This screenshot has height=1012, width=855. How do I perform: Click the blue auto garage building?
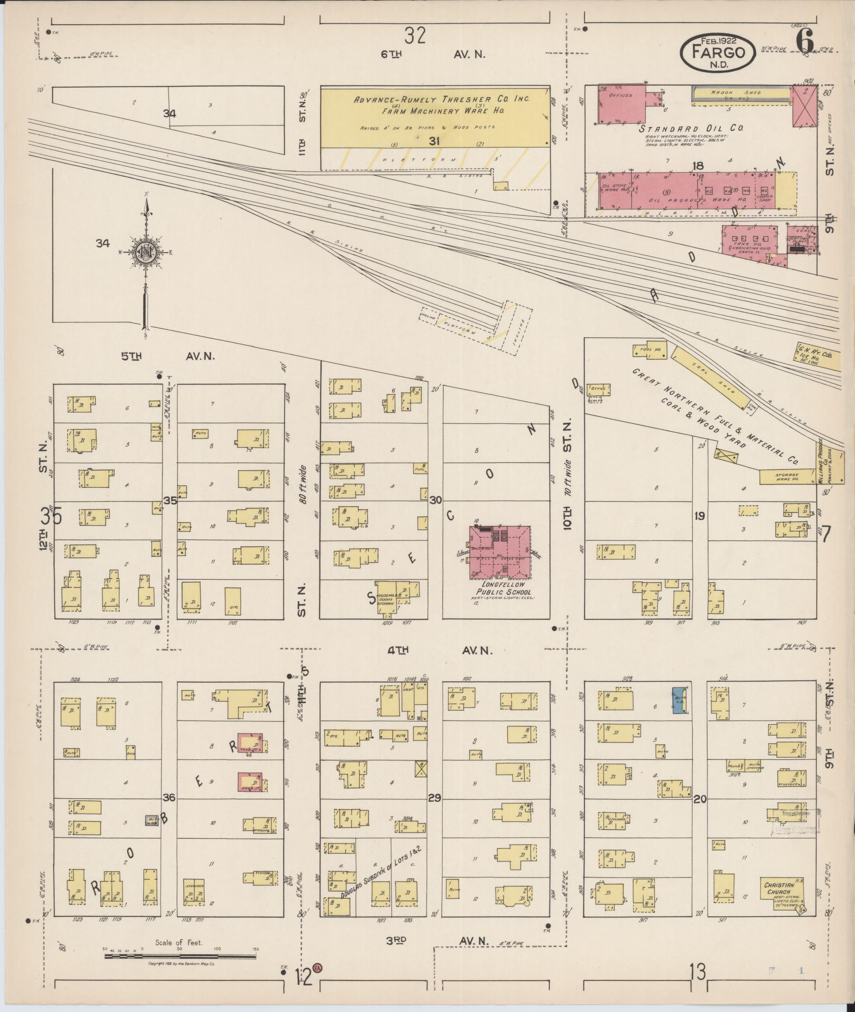point(679,700)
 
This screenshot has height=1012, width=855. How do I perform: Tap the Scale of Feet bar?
point(180,956)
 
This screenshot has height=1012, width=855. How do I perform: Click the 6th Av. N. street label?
point(433,54)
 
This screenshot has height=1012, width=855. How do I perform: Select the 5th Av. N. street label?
point(168,356)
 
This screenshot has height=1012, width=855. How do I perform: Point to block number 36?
point(169,798)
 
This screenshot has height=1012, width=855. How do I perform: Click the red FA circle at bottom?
point(317,967)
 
